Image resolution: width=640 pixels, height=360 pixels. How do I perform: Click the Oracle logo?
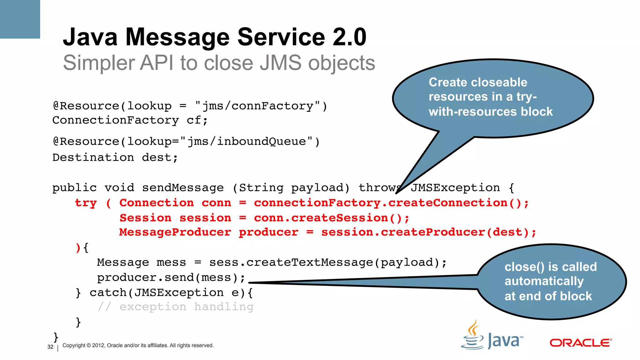581,343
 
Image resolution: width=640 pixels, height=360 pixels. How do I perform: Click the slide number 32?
50,347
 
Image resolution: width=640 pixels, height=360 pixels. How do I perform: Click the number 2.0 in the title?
349,37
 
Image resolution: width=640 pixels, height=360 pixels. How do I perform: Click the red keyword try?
86,203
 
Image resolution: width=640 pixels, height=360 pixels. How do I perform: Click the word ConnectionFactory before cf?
115,120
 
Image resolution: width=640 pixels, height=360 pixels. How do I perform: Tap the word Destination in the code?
93,157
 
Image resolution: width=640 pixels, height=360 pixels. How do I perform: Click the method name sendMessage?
183,188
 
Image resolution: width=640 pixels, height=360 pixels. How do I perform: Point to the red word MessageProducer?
175,232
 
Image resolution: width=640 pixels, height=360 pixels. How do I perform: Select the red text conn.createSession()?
331,218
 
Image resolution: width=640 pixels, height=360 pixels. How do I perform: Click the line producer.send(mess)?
171,277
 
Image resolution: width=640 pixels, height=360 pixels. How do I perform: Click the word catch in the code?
107,293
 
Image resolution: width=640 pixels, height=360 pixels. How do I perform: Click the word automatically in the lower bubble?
544,281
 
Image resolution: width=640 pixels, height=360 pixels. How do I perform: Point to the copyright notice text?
138,346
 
